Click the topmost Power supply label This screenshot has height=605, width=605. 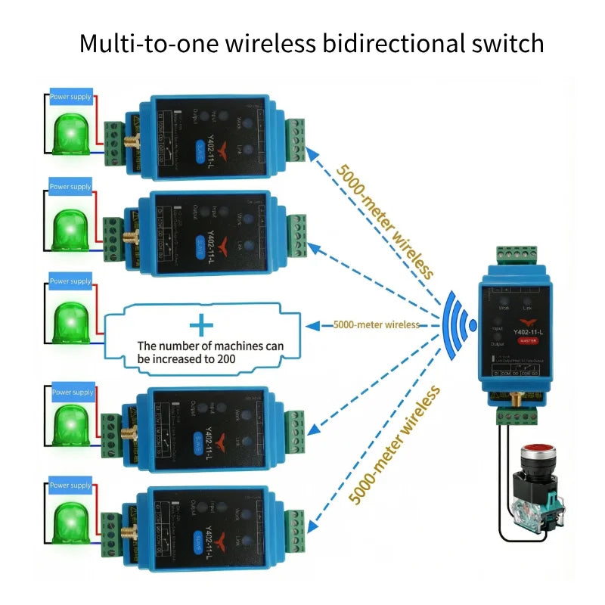(x=70, y=97)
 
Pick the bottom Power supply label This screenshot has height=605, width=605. (x=70, y=486)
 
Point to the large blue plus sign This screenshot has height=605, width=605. (x=201, y=326)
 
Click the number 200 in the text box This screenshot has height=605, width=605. (x=224, y=359)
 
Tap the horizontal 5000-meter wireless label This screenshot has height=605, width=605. (x=376, y=325)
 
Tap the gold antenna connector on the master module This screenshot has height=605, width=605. (x=517, y=399)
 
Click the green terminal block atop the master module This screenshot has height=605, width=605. (x=517, y=255)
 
